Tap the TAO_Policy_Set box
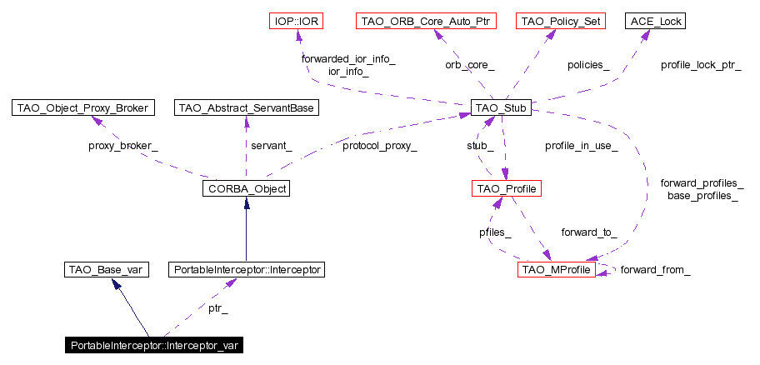tap(560, 20)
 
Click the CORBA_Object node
tap(245, 189)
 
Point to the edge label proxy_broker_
tap(122, 146)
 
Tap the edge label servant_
tap(272, 146)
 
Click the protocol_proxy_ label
tap(379, 146)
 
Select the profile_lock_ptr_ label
tap(701, 64)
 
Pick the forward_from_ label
tap(655, 269)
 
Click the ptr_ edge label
tap(217, 308)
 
